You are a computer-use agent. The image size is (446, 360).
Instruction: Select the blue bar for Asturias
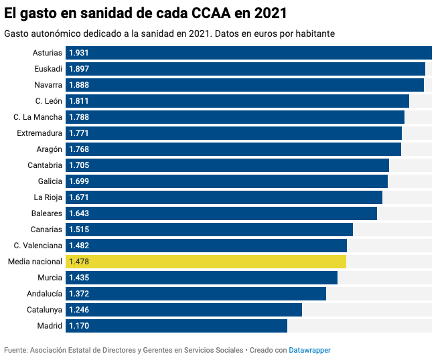[248, 53]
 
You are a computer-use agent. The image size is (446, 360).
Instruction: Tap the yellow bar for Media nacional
[206, 262]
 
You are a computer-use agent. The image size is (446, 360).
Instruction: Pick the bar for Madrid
[176, 326]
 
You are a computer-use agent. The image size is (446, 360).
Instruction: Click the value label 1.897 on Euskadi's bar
[79, 69]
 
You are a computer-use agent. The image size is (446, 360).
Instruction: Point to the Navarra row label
[48, 85]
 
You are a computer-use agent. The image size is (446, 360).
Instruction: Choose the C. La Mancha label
[38, 117]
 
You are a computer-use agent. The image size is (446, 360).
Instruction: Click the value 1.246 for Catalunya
[79, 310]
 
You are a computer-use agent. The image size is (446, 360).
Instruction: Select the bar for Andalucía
[196, 294]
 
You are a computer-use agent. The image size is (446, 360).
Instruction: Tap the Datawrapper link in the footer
[309, 350]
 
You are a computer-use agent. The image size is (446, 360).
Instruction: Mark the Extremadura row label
[40, 133]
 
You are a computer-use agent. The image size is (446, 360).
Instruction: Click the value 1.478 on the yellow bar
[79, 262]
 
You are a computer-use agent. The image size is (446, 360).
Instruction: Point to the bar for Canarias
[209, 230]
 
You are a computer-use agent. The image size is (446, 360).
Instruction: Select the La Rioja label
[48, 197]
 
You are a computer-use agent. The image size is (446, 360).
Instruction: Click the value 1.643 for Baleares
[79, 213]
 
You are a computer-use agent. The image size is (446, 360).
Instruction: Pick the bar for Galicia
[226, 181]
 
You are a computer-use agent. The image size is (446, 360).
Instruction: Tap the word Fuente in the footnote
[15, 350]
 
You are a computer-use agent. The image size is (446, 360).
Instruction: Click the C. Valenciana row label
[38, 246]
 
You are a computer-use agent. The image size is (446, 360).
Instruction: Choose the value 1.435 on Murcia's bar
[79, 278]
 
